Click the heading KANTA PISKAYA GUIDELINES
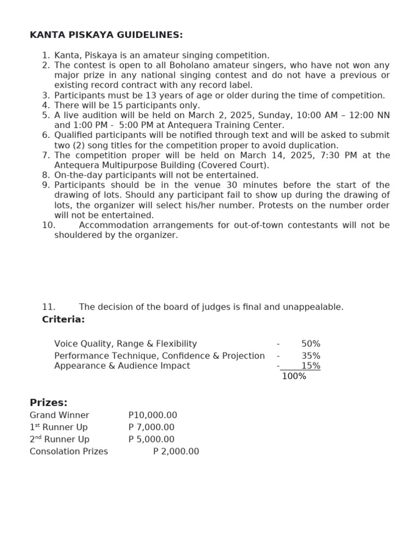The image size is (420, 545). [x=106, y=35]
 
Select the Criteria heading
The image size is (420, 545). [x=63, y=320]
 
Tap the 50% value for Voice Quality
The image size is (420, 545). [x=311, y=344]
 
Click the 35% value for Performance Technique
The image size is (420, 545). [x=311, y=356]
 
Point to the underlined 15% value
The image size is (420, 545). [x=311, y=366]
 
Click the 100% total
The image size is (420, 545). [x=294, y=376]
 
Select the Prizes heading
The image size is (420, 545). [x=49, y=403]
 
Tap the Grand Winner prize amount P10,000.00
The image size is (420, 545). [x=153, y=415]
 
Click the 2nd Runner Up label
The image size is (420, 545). [x=60, y=439]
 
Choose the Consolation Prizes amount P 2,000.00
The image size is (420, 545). [x=176, y=451]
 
